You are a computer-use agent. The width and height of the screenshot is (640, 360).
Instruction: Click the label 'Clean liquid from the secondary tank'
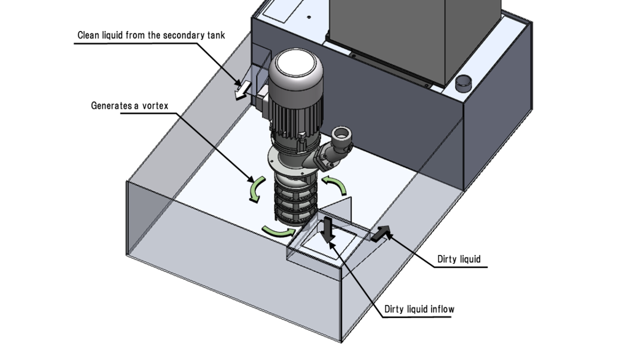pos(151,36)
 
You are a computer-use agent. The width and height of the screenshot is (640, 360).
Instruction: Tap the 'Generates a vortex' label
pos(130,106)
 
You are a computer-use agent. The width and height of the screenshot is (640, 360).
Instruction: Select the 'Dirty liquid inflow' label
pos(419,309)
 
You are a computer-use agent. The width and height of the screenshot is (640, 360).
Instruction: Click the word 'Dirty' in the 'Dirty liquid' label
pos(447,259)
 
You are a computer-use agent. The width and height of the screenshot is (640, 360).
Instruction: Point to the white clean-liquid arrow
pos(242,91)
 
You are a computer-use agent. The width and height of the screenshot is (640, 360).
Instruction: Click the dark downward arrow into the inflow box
pos(328,228)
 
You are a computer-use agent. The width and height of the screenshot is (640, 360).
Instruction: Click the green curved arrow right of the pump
pos(336,187)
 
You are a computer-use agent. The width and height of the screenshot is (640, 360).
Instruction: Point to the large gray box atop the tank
pos(389,37)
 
